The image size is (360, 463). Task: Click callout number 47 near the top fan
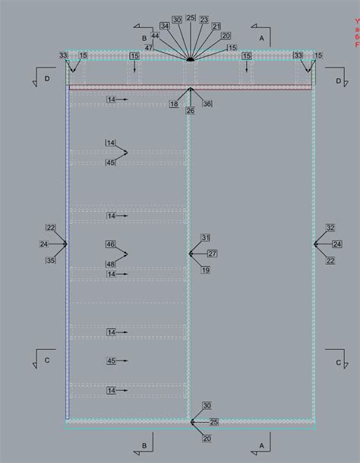pos(150,48)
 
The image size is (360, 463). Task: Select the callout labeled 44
pos(155,36)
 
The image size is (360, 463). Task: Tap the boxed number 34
pos(164,26)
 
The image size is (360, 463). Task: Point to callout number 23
pos(204,19)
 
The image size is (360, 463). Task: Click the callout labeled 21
pos(216,27)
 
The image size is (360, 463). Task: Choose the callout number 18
pos(174,104)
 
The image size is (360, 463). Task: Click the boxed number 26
pos(190,111)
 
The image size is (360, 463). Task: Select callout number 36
pos(207,104)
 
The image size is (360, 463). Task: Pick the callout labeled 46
pos(111,244)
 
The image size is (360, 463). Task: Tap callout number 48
pos(111,264)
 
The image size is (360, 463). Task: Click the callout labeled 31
pos(205,238)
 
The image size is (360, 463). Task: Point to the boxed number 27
pos(212,254)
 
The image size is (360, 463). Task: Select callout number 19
pos(205,270)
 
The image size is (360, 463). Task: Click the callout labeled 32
pos(330,228)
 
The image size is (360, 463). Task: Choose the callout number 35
pos(50,260)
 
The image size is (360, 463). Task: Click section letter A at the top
pos(261,36)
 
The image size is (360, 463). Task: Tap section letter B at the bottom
pos(144,445)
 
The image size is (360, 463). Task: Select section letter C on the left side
pos(47,361)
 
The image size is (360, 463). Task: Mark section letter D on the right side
pos(338,80)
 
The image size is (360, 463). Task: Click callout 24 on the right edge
pos(336,244)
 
